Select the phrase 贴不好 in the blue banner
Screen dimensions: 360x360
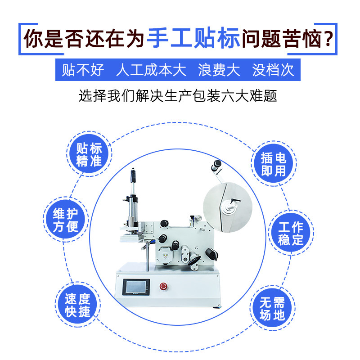83,70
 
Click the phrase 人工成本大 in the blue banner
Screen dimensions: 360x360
151,70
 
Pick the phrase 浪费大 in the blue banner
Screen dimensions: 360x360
219,70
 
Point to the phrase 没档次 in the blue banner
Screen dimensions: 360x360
273,70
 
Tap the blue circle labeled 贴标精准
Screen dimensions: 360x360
89,155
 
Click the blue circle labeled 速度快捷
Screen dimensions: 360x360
77,305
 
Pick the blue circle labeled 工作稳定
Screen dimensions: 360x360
291,233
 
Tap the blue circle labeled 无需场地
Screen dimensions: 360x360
273,308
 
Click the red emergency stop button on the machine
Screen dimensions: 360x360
162,287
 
